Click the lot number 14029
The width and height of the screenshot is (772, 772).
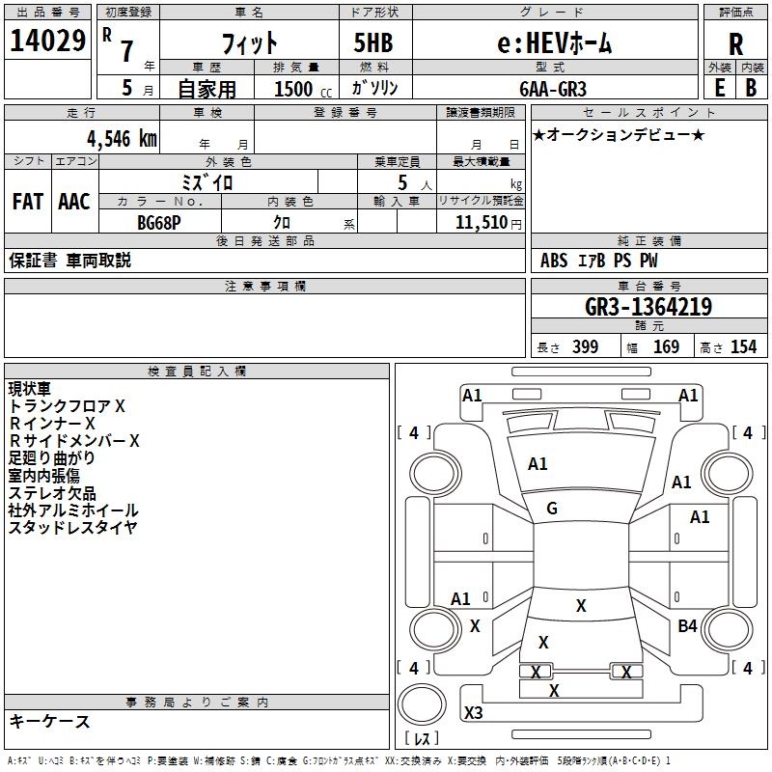48,41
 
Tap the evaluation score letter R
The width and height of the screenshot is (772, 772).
735,44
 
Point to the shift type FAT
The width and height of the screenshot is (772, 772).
27,201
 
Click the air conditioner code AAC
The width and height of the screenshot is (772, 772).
74,201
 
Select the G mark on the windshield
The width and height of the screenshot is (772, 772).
552,509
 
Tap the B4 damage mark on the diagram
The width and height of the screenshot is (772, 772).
687,626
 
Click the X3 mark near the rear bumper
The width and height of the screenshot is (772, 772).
473,713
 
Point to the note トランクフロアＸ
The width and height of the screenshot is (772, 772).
67,406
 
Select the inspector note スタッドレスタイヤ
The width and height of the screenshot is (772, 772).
73,528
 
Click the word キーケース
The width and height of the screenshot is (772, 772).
49,721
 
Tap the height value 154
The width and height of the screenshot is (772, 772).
743,347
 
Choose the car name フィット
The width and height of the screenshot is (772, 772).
250,43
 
